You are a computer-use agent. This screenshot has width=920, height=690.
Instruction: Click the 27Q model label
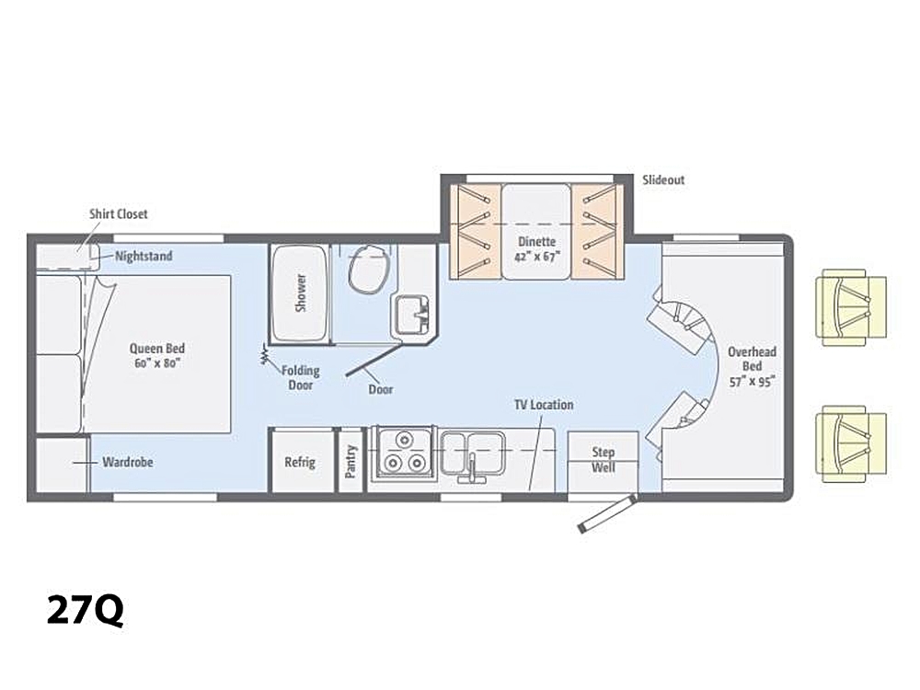(x=85, y=611)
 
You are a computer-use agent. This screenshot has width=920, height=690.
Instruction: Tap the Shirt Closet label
(x=119, y=214)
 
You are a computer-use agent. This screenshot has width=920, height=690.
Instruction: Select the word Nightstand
(x=144, y=257)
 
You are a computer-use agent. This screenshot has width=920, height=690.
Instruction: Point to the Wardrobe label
(x=128, y=463)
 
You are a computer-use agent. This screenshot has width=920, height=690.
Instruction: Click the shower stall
(x=300, y=293)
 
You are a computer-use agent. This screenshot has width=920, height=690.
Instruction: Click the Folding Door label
(x=301, y=378)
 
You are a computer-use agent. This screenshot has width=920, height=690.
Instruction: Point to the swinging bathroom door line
(x=375, y=360)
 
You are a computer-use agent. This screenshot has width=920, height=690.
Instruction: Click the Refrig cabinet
(x=302, y=461)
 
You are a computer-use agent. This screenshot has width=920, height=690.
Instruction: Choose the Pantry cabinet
(x=351, y=461)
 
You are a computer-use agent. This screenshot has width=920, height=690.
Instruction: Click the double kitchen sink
(x=473, y=454)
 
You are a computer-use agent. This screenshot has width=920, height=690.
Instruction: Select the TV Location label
(x=544, y=405)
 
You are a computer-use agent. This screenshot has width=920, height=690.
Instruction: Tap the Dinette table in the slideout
(x=536, y=232)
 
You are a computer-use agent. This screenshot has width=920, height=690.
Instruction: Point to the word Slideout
(x=663, y=180)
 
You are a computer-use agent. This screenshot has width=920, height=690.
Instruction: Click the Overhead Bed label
(x=753, y=367)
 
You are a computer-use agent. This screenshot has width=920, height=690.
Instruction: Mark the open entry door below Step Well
(x=607, y=514)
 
